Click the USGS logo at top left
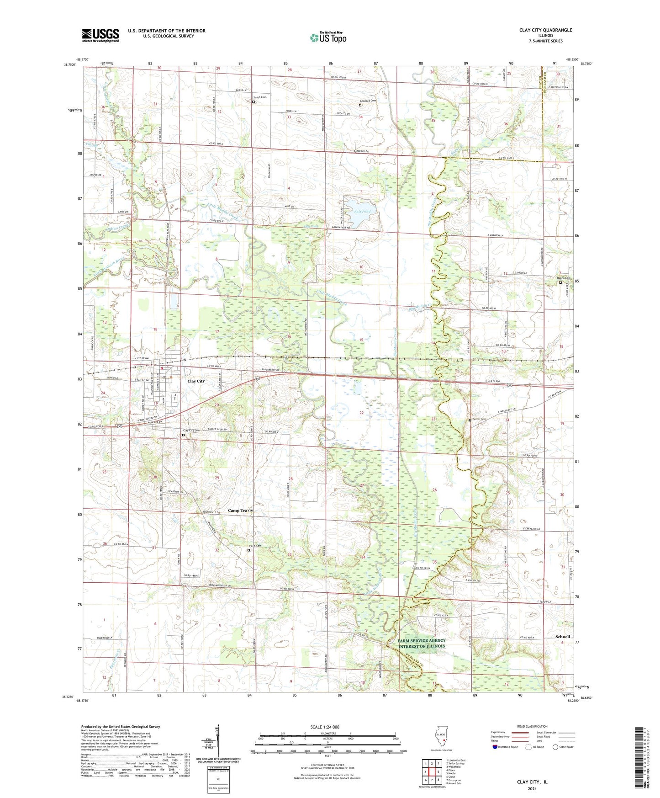click(x=100, y=35)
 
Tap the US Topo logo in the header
click(x=327, y=38)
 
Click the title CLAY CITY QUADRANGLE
click(x=545, y=30)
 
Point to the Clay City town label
click(x=196, y=381)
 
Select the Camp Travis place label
click(x=240, y=510)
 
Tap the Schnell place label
click(x=562, y=637)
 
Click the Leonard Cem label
click(x=368, y=101)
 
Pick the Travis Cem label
click(x=255, y=546)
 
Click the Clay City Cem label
click(x=191, y=431)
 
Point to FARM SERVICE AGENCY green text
click(x=422, y=640)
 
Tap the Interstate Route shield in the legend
click(x=496, y=747)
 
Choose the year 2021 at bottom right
click(x=532, y=788)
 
